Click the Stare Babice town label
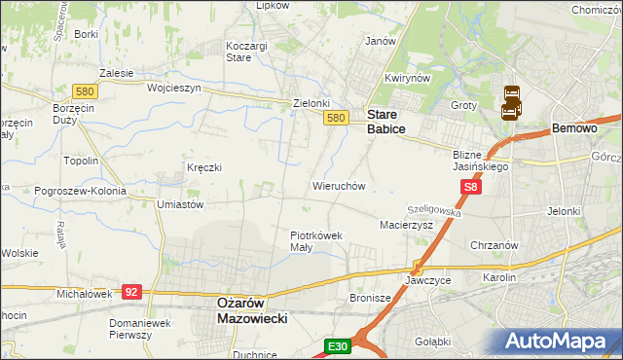click(385, 121)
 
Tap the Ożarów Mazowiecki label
click(248, 309)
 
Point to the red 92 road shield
click(133, 290)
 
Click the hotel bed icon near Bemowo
click(512, 102)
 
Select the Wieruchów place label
click(338, 185)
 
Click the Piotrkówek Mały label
click(316, 240)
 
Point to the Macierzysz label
click(404, 225)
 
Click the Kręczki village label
click(204, 167)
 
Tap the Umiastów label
click(179, 205)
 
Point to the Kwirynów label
click(407, 78)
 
